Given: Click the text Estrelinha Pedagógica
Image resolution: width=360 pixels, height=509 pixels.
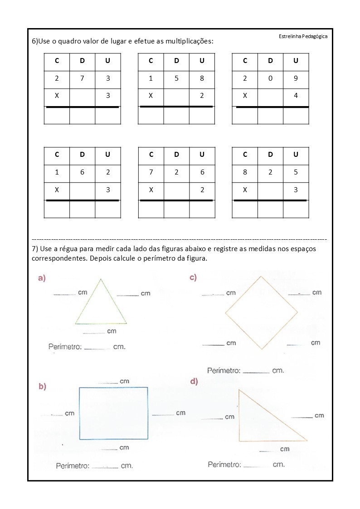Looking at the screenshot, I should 302,36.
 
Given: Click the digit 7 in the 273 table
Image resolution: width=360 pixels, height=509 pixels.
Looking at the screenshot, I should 82,78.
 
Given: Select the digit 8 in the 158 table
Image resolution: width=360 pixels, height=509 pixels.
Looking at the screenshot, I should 202,78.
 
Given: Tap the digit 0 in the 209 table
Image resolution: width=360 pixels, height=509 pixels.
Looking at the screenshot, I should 270,78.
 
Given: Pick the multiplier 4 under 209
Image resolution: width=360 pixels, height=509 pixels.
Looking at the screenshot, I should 296,96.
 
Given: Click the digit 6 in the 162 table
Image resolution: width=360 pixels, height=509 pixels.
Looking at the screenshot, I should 82,172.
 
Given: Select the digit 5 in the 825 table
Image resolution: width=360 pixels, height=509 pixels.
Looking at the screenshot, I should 296,172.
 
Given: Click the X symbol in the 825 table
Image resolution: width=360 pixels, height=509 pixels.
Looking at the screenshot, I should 245,190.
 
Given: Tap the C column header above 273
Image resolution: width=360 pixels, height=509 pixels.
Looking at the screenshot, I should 57,60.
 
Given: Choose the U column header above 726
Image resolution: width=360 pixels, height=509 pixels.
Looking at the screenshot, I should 202,154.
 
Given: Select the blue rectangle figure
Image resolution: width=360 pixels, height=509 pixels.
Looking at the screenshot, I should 113,413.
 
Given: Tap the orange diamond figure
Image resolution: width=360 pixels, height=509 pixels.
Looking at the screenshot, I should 262,313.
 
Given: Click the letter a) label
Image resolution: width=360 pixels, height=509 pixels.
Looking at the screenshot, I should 42,278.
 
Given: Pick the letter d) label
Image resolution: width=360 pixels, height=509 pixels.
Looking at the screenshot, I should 194,382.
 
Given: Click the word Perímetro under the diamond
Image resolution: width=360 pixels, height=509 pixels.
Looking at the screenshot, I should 224,370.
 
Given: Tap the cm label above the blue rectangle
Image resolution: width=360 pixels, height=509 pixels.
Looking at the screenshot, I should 124,381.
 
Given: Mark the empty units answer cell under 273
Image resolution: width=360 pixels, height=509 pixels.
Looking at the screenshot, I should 108,116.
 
